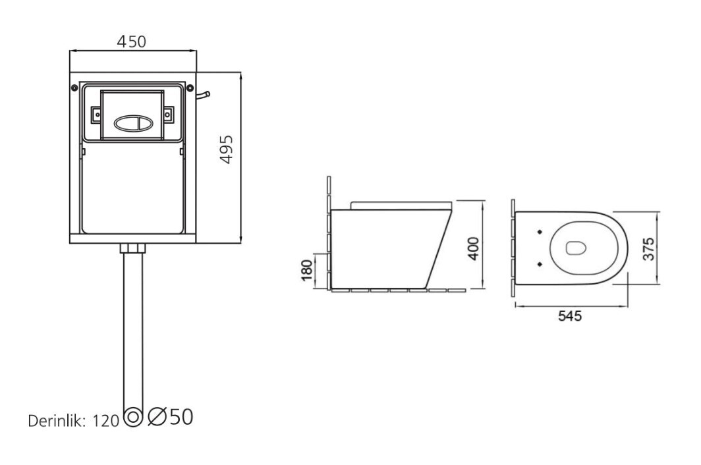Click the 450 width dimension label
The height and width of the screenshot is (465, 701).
[132, 41]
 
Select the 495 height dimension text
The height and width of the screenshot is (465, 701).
[227, 150]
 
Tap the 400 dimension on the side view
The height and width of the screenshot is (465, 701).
[473, 248]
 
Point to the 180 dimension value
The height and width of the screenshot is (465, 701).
[307, 270]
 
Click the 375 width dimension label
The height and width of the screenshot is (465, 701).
[648, 248]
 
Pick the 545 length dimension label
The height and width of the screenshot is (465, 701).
[570, 316]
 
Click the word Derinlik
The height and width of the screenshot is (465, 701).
[57, 421]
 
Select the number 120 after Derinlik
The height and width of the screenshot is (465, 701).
[105, 421]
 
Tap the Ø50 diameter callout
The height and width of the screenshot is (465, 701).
[171, 417]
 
